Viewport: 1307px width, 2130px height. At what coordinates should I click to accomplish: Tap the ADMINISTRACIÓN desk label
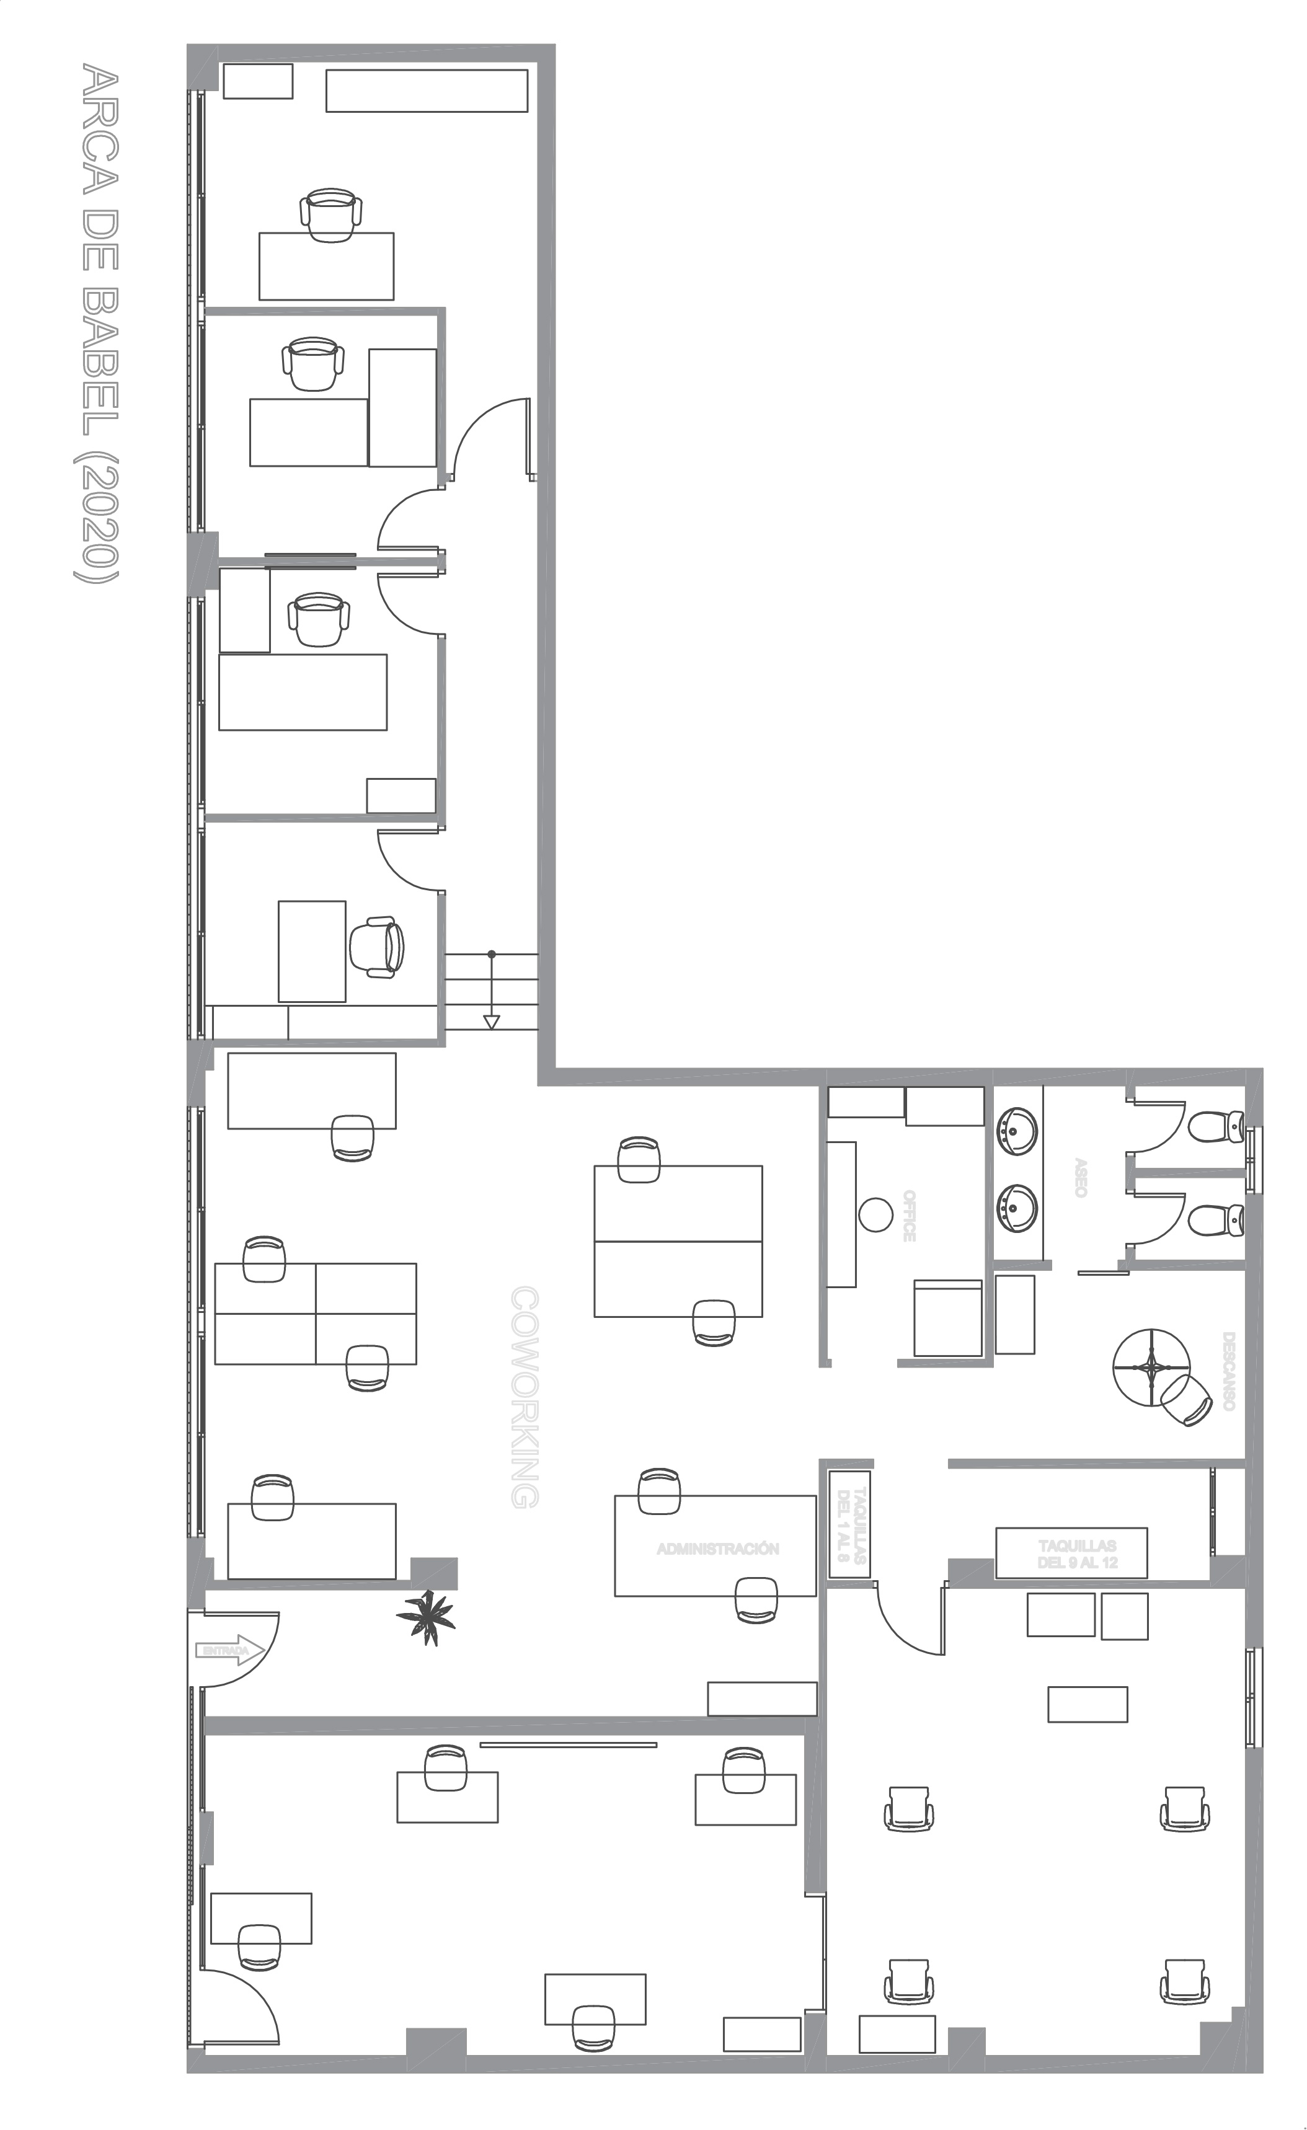pyautogui.click(x=717, y=1549)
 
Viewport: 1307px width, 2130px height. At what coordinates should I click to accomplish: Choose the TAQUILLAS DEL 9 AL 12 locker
pyautogui.click(x=1071, y=1553)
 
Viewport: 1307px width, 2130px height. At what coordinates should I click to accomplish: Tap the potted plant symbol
pyautogui.click(x=425, y=1617)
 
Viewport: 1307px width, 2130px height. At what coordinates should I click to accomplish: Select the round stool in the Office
pyautogui.click(x=875, y=1214)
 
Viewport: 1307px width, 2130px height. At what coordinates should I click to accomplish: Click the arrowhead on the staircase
pyautogui.click(x=491, y=1022)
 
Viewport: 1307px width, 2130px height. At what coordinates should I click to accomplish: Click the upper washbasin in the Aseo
pyautogui.click(x=1017, y=1131)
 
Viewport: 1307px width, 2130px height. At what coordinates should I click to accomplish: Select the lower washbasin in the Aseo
pyautogui.click(x=1017, y=1207)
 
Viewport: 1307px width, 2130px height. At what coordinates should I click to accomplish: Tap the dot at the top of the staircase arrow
pyautogui.click(x=492, y=955)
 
